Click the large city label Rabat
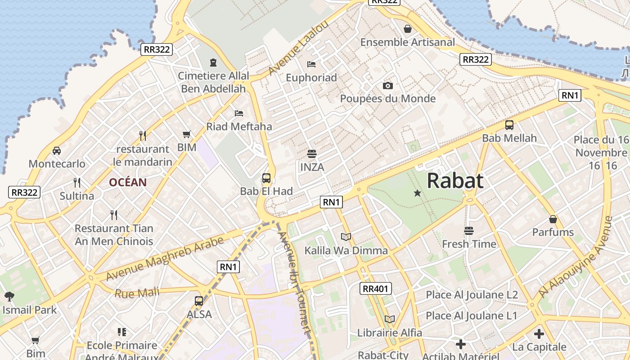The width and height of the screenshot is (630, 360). [x=455, y=181]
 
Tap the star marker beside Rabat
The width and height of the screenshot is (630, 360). [x=418, y=193]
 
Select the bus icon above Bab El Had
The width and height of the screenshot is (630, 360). [x=266, y=178]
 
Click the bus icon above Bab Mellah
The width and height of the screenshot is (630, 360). [x=509, y=125]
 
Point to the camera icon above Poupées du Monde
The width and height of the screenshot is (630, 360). [x=388, y=85]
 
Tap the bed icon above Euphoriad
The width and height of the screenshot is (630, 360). [x=311, y=64]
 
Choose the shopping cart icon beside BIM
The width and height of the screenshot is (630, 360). [x=187, y=134]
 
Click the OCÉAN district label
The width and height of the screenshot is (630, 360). [x=128, y=182]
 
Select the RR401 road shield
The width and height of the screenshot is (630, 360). [x=376, y=288]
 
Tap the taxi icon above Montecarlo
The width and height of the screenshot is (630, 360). [x=57, y=150]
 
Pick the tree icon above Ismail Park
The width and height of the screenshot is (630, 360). [x=9, y=296]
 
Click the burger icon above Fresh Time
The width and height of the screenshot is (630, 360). [x=469, y=231]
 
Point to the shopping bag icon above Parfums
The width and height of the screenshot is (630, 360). [x=553, y=219]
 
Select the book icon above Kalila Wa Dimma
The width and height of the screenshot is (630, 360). [x=346, y=237]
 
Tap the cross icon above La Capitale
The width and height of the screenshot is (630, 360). [x=539, y=334]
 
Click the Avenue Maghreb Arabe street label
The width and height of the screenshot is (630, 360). [x=165, y=259]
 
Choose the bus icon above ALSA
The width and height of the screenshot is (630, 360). [x=199, y=301]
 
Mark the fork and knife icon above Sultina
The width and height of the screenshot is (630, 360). [x=77, y=182]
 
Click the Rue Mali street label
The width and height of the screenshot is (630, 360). [x=137, y=293]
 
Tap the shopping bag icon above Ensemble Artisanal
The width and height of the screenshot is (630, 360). [x=408, y=29]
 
